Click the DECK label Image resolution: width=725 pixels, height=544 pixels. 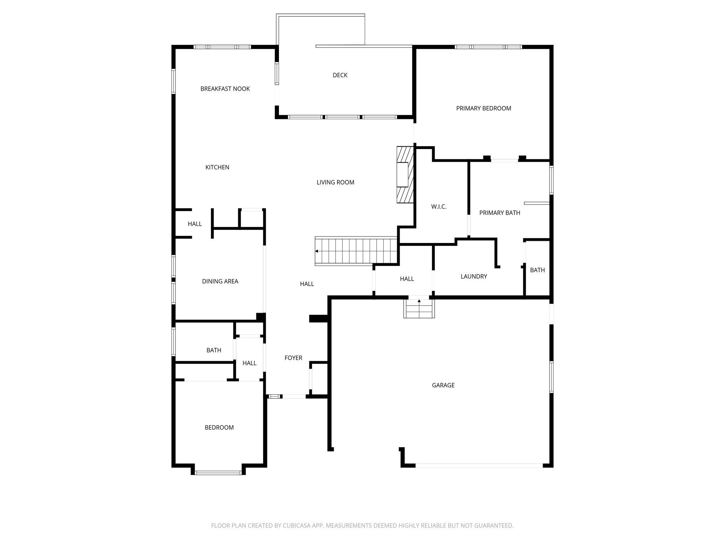(x=340, y=75)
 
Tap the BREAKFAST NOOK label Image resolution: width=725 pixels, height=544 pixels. (x=225, y=89)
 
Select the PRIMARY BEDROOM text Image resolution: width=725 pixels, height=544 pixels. (x=484, y=108)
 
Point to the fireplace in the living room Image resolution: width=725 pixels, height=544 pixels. (x=405, y=175)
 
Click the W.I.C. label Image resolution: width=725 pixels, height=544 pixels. (x=439, y=207)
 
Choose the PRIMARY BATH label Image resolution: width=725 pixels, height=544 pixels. (x=499, y=213)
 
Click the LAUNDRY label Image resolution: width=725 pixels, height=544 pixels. (x=474, y=277)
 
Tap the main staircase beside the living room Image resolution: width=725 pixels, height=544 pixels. (x=356, y=251)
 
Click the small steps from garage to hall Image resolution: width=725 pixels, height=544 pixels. (x=419, y=308)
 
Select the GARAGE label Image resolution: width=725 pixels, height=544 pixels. (x=443, y=385)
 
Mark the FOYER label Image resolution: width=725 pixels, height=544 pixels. (x=293, y=358)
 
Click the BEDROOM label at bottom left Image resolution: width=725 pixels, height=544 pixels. (x=219, y=427)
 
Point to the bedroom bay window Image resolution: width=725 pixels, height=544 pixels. (x=218, y=472)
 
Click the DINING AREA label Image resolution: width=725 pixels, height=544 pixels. (x=220, y=282)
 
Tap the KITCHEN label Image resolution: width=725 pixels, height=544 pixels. (x=217, y=168)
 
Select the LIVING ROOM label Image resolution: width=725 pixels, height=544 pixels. (x=335, y=183)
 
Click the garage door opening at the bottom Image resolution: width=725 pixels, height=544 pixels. (x=479, y=465)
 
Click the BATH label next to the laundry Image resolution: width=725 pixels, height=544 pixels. (x=537, y=270)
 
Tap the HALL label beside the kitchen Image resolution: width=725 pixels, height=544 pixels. (x=195, y=224)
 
